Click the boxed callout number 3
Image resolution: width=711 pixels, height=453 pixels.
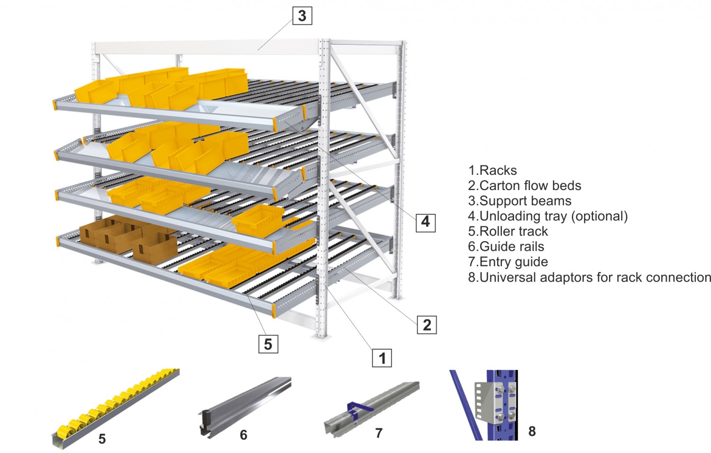coord(302,16)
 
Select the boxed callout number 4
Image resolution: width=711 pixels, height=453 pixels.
coord(425,222)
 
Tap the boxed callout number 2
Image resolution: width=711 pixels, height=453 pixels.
coord(427,325)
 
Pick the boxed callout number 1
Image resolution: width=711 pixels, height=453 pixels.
coord(382,358)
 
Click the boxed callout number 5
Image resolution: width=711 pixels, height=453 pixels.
coord(268,344)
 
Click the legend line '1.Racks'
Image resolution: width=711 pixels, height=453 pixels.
coord(492,171)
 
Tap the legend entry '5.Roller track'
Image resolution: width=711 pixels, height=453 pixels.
coord(508,231)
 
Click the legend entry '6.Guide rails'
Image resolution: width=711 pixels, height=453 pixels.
coord(506,246)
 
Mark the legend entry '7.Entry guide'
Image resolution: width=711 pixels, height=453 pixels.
coord(508,262)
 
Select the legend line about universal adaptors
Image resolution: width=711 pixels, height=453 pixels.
coord(589,277)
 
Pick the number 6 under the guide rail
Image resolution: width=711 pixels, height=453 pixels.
coord(244,435)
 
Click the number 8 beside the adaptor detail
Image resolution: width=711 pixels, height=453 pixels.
coord(532,431)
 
